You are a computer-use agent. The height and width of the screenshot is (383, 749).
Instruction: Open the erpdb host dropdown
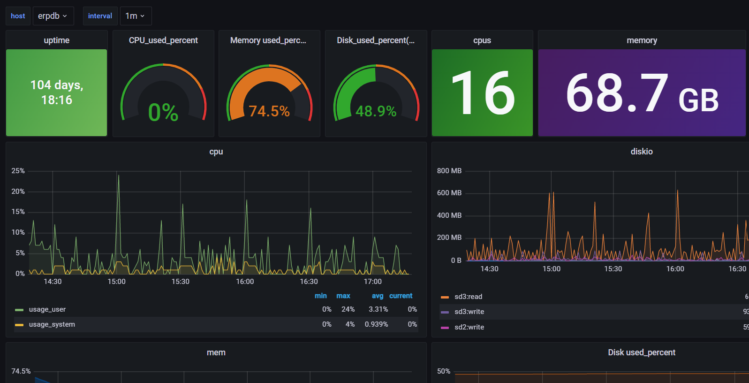click(53, 16)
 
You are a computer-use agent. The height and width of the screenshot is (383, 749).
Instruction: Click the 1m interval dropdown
click(135, 16)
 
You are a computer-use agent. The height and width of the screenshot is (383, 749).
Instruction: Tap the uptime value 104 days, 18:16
click(57, 92)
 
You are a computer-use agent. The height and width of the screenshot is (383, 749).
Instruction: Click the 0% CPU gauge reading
click(163, 113)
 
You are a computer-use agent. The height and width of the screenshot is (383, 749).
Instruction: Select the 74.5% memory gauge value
click(269, 111)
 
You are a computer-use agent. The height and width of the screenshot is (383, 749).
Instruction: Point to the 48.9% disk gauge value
click(376, 111)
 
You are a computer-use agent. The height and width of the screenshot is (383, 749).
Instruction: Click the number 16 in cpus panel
click(482, 93)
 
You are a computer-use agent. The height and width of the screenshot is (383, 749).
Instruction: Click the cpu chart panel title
click(216, 152)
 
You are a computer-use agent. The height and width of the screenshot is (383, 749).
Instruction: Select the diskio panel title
click(642, 152)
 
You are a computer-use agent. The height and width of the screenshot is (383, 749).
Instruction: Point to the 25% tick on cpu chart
click(18, 171)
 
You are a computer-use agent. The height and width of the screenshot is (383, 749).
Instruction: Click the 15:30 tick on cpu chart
click(181, 282)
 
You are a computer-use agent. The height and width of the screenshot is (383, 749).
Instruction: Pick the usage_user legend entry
click(47, 309)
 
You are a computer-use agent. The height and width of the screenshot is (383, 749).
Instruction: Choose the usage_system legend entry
click(52, 324)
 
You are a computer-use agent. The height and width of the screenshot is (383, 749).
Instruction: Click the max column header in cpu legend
click(343, 296)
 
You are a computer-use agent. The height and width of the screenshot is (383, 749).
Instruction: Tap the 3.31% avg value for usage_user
click(378, 309)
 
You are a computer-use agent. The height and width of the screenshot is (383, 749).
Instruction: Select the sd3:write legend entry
click(469, 312)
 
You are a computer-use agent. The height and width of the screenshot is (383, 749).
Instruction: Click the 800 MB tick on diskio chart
click(449, 171)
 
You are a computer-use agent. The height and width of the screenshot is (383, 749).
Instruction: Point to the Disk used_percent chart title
click(642, 352)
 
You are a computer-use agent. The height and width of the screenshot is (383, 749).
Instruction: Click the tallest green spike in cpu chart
click(119, 176)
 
